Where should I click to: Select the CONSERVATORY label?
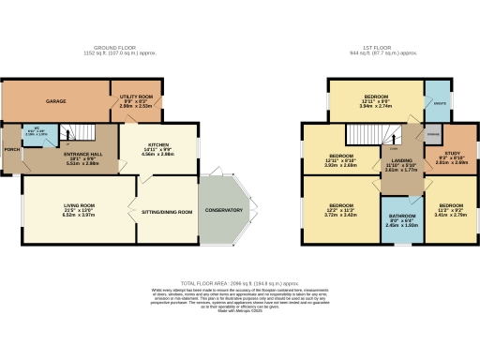click(x=225, y=210)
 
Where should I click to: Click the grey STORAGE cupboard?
click(x=432, y=134)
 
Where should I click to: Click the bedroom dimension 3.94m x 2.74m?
click(x=375, y=106)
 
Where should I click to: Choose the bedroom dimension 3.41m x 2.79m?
click(x=451, y=215)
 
